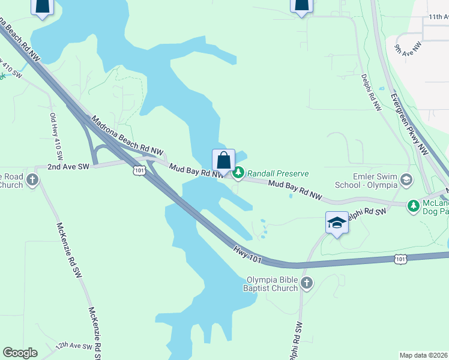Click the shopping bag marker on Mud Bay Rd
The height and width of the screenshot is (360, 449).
[x=223, y=161]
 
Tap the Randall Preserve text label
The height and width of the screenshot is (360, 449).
[x=278, y=173]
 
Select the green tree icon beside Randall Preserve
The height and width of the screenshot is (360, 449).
[x=238, y=173]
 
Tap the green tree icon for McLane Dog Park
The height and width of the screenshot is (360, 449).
[x=413, y=206]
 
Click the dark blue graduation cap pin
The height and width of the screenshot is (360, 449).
[x=337, y=223]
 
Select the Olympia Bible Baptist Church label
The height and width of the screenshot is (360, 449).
[x=272, y=284]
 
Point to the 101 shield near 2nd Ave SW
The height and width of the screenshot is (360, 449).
[x=138, y=171]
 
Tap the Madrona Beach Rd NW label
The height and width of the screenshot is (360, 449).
[x=127, y=133]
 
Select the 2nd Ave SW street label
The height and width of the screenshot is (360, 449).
[x=68, y=166]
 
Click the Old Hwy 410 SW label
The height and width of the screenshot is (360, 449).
[x=56, y=131]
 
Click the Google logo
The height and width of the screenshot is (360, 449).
[x=20, y=353]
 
